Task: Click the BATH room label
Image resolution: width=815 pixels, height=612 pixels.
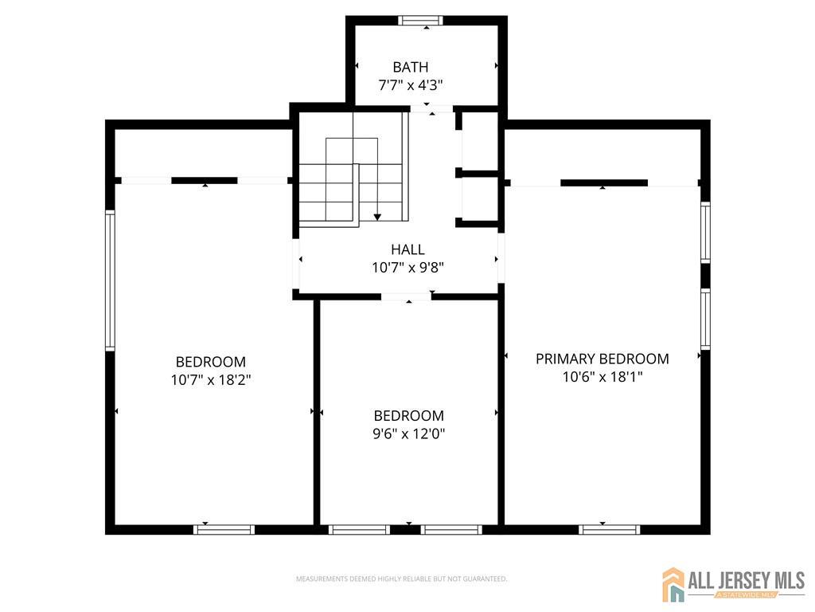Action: pyautogui.click(x=410, y=67)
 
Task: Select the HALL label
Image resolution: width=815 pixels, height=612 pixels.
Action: pyautogui.click(x=407, y=249)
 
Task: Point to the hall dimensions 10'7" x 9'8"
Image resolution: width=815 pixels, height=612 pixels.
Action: pyautogui.click(x=407, y=268)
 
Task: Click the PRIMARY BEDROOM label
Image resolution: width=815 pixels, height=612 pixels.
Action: pyautogui.click(x=602, y=359)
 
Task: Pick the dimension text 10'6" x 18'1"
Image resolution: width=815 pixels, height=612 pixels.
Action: pyautogui.click(x=602, y=377)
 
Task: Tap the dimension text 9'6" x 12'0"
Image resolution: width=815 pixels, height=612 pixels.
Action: pyautogui.click(x=408, y=433)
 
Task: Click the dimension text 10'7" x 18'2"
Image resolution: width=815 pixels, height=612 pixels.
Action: pyautogui.click(x=211, y=380)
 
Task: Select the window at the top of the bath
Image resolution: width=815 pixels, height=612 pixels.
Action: pyautogui.click(x=421, y=21)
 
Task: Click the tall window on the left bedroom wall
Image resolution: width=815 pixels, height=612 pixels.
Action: pyautogui.click(x=111, y=280)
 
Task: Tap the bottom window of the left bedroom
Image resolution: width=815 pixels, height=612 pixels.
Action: pyautogui.click(x=224, y=529)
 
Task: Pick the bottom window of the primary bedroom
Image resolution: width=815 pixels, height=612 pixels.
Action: pyautogui.click(x=609, y=529)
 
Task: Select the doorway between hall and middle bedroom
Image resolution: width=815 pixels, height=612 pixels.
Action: pyautogui.click(x=406, y=296)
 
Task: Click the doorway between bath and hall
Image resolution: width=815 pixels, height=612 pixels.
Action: pyautogui.click(x=431, y=108)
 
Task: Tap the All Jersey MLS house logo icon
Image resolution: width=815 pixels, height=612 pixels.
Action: pyautogui.click(x=674, y=584)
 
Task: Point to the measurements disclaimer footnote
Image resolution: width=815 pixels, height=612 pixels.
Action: pyautogui.click(x=401, y=579)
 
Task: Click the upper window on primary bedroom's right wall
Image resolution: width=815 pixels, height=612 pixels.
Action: pyautogui.click(x=705, y=232)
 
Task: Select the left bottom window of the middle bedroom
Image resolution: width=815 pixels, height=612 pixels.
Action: pyautogui.click(x=359, y=529)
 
